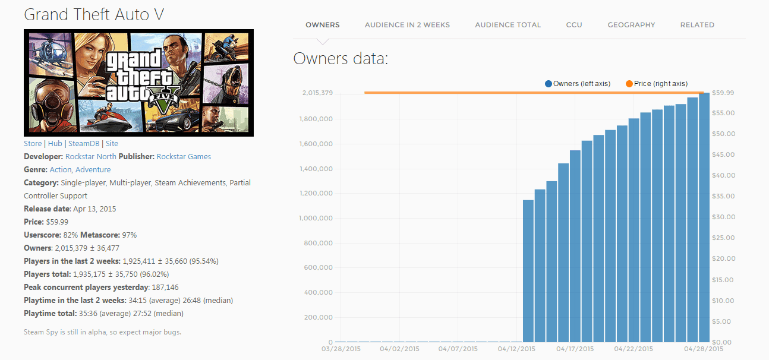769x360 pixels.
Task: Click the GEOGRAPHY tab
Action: coord(631,25)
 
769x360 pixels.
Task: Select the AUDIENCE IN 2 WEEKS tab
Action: coord(407,25)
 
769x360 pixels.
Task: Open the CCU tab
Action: coord(574,25)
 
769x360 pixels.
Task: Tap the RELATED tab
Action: coord(697,25)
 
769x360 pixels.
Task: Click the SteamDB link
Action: coord(84,144)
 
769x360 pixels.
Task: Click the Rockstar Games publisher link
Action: coord(184,157)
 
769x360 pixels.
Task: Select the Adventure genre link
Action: coord(93,170)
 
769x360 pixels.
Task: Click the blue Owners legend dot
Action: coord(549,84)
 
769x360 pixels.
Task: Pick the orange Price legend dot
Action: coord(629,84)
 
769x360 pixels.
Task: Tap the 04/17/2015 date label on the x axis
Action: coord(575,349)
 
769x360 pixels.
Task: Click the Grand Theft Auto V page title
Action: coord(94,14)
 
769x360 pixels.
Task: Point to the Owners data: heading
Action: coord(341,59)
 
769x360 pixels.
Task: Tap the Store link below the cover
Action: coord(33,144)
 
